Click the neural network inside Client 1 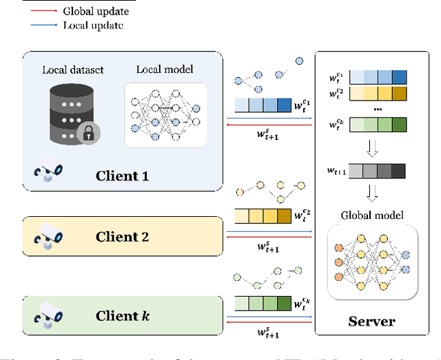point(165,114)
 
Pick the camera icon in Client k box point(49,315)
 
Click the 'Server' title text point(372,321)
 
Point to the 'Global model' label point(372,215)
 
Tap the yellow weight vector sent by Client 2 point(263,217)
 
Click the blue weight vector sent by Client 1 point(263,105)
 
